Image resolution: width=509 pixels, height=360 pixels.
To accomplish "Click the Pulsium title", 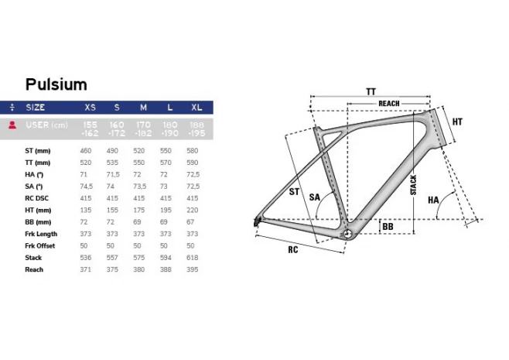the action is tap(56, 84).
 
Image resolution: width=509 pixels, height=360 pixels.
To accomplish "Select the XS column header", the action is tap(90, 108).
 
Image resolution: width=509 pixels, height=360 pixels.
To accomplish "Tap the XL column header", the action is tap(196, 108).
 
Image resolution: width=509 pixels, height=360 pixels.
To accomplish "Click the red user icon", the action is tap(12, 125).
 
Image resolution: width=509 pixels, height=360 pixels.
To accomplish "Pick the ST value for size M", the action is tap(139, 151).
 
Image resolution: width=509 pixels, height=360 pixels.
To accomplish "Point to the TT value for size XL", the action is tap(192, 163).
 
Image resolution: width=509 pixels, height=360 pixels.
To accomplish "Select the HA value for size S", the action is tap(113, 174).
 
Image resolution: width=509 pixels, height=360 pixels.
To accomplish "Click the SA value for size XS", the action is tap(87, 187).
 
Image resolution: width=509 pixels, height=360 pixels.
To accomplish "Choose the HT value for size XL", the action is tap(192, 211).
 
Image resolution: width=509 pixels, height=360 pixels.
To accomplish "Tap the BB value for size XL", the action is tap(190, 222).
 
